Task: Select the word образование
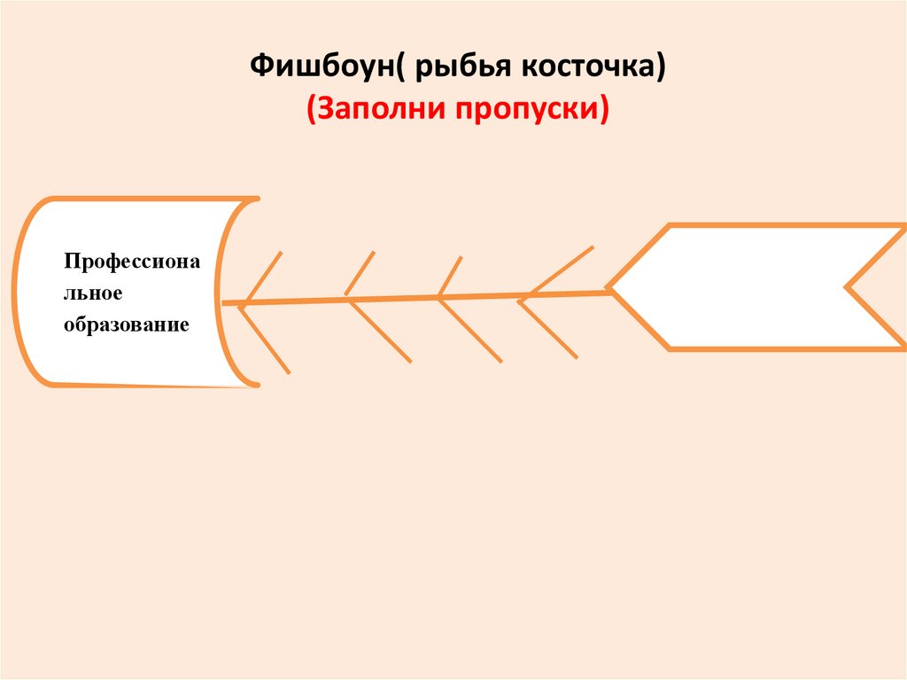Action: point(126,324)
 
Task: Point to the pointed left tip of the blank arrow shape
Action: point(610,287)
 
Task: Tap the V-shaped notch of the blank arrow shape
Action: point(850,287)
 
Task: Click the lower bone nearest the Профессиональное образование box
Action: point(264,339)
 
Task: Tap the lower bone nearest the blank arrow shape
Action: point(549,331)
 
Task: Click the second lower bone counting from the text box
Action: point(381,332)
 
